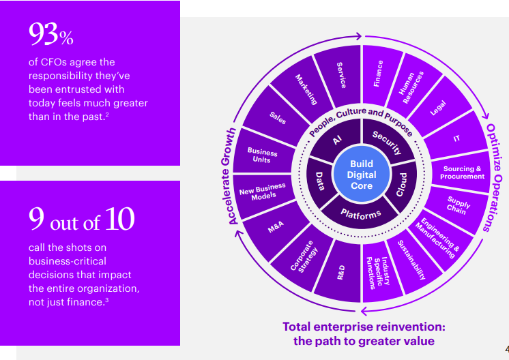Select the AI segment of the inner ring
[336, 141]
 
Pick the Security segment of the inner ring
[387, 142]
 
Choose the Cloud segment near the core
[402, 185]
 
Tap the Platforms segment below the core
[361, 215]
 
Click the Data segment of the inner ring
[321, 181]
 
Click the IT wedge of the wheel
[456, 138]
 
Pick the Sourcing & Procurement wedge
[463, 172]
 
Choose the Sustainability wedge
[411, 260]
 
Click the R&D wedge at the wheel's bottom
[341, 272]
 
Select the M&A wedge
[276, 228]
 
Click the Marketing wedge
[306, 89]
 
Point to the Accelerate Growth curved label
[231, 175]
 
